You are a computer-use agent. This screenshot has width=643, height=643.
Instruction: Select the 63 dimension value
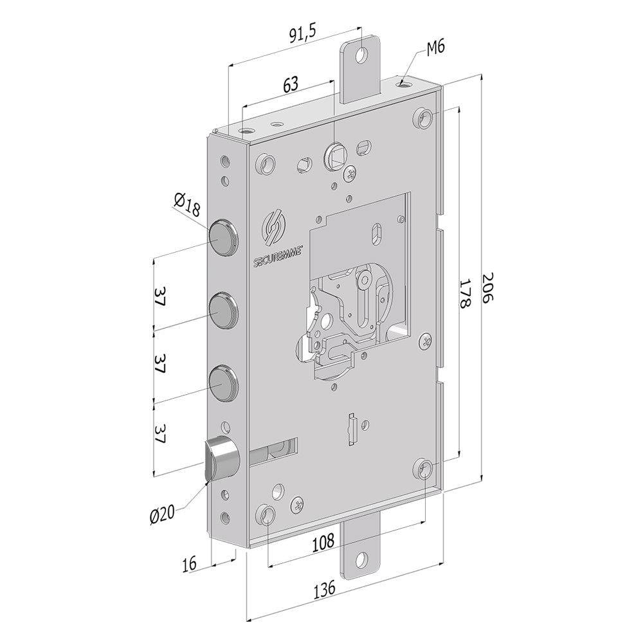click(291, 84)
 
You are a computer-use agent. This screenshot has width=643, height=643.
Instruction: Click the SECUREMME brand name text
click(277, 257)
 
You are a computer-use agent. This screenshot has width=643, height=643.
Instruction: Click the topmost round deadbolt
click(222, 235)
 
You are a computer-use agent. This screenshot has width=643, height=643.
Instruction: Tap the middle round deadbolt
click(222, 307)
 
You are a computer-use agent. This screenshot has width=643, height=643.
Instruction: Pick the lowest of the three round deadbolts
click(222, 379)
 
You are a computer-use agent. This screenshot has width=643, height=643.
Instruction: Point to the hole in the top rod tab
click(363, 55)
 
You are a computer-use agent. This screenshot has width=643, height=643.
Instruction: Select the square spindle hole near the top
click(335, 154)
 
